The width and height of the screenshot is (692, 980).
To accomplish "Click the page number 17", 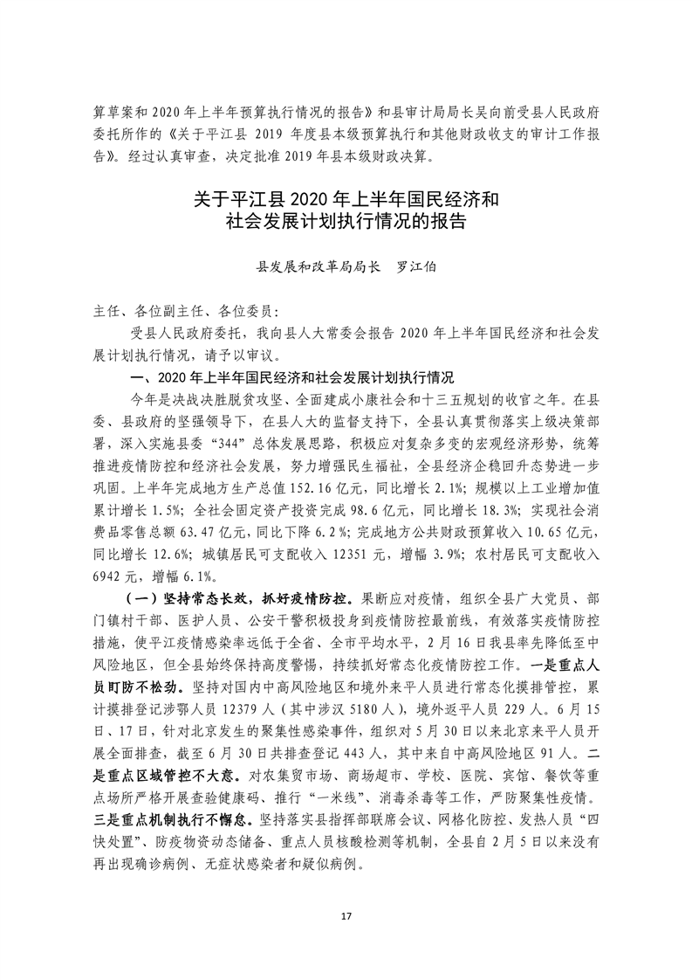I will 346,915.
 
